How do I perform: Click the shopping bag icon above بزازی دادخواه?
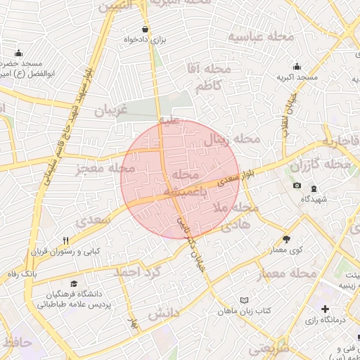point(145,30)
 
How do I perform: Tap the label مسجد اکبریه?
point(296,77)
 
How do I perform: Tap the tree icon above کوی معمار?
point(286,239)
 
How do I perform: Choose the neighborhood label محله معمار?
point(293,272)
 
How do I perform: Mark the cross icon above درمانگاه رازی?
point(325,309)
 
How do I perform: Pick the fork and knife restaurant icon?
point(65,240)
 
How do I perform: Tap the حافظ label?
point(17,342)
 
